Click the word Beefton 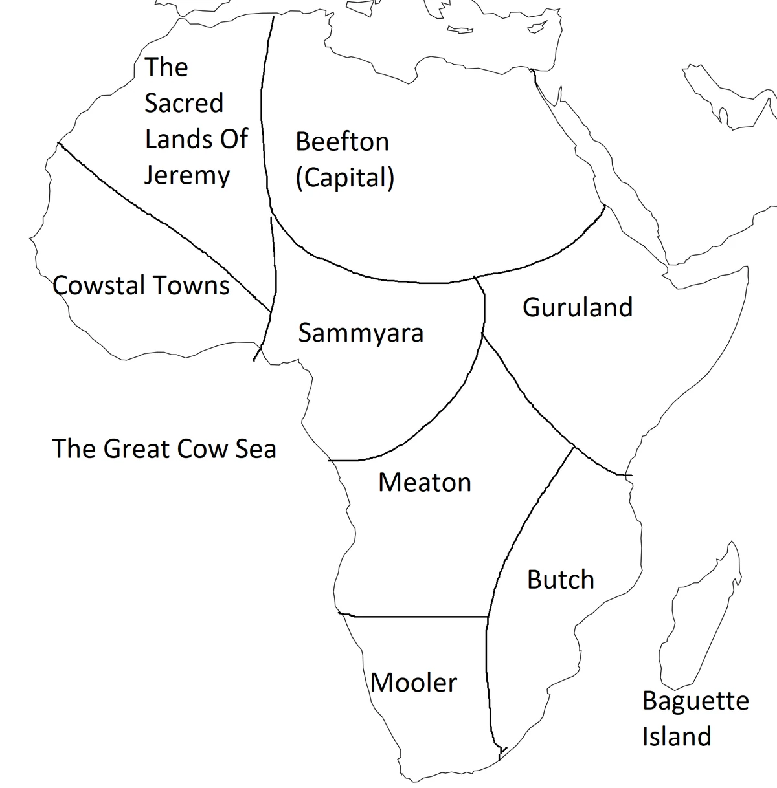tap(342, 142)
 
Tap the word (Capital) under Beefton tap(344, 177)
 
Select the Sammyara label tap(361, 333)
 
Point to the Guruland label tap(577, 307)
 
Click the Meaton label tap(424, 483)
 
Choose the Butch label tap(560, 580)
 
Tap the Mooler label tap(414, 683)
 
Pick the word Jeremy tap(186, 175)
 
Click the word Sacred tap(183, 103)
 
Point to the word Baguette tap(695, 701)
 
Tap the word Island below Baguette tap(676, 736)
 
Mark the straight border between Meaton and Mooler tap(414, 616)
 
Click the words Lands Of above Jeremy tap(196, 139)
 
